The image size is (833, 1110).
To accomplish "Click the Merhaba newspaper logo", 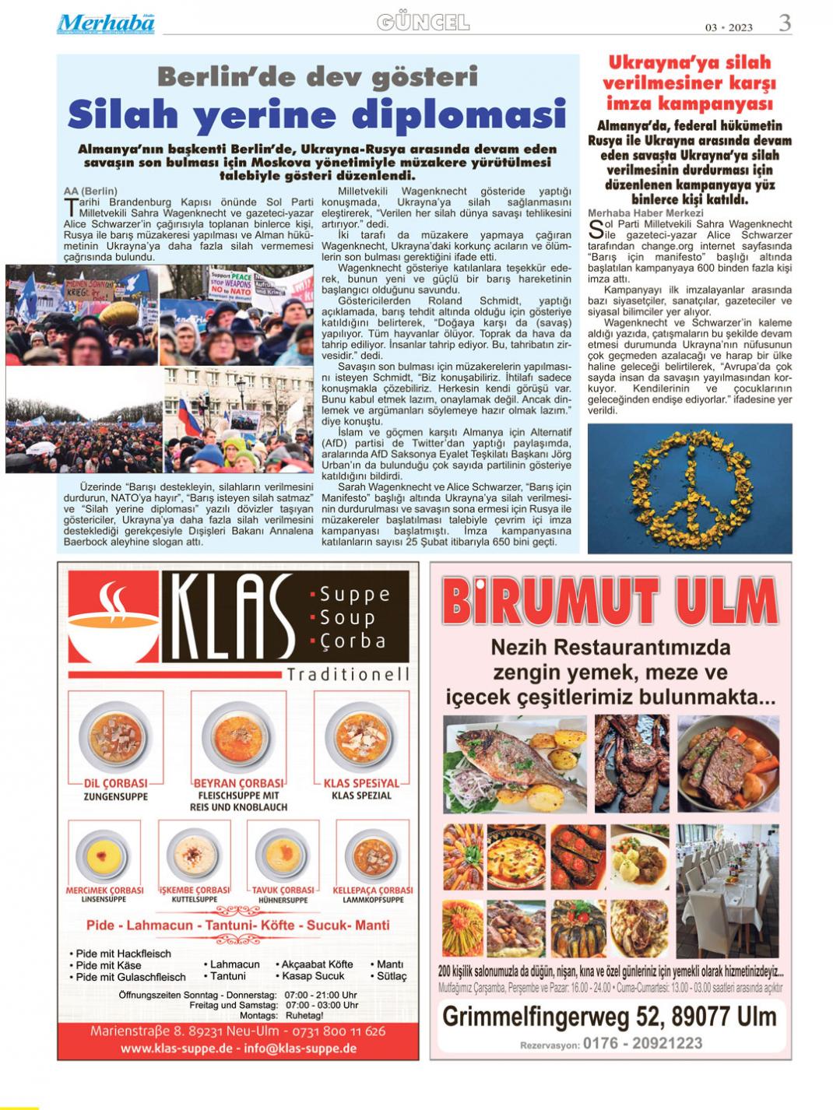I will click(x=106, y=23).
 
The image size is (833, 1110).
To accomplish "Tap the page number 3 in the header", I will click(x=785, y=23).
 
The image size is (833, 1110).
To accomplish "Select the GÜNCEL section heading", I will click(x=423, y=23).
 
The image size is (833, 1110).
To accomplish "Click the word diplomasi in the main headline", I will click(x=459, y=114).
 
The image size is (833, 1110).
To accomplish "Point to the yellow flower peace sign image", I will click(x=690, y=487).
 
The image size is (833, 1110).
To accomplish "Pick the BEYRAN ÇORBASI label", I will click(x=238, y=783).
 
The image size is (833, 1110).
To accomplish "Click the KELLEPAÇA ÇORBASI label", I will click(x=373, y=890).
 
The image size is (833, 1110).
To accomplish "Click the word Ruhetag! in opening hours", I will click(x=304, y=1015).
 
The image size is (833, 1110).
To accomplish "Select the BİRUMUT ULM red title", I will click(x=610, y=602).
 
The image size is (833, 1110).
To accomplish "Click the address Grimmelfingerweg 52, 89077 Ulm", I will click(x=610, y=1016).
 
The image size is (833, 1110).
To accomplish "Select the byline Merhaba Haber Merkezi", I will click(x=645, y=213).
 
